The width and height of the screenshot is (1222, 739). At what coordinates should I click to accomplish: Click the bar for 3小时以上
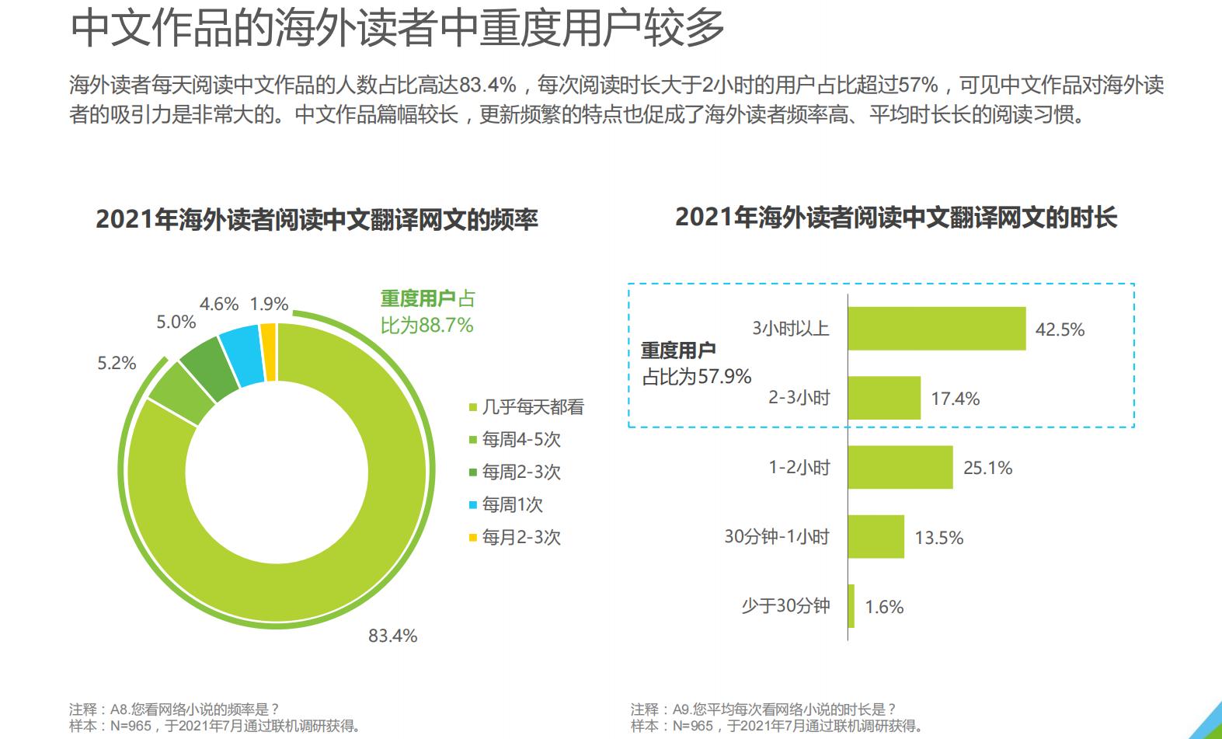(936, 329)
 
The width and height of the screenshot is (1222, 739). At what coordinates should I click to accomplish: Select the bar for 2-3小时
(884, 398)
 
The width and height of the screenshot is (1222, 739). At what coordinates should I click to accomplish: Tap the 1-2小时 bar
(900, 467)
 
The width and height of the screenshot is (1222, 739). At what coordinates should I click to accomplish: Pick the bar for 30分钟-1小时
(876, 536)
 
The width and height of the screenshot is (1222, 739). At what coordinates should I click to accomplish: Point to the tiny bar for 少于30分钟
(851, 606)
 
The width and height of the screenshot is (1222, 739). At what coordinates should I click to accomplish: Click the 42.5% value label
(1060, 329)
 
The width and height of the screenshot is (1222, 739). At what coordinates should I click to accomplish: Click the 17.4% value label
(955, 399)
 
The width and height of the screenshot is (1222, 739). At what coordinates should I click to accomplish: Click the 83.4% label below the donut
(392, 636)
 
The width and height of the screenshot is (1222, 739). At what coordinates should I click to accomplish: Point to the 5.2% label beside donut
(117, 363)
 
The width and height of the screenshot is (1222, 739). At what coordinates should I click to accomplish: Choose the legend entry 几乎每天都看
(532, 407)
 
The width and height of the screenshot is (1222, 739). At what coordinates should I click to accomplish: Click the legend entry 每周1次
(512, 505)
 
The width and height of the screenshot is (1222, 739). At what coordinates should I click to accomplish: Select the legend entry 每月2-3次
(520, 538)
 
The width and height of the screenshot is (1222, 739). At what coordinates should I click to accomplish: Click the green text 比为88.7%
(426, 325)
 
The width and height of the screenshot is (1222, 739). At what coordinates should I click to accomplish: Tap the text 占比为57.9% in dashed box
(697, 377)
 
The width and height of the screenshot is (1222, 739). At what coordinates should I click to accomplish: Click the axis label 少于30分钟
(785, 606)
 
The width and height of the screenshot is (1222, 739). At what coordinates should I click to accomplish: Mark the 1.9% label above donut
(269, 304)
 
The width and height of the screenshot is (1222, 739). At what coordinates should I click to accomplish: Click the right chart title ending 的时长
(896, 218)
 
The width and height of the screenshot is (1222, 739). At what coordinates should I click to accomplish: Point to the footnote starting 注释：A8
(174, 709)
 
